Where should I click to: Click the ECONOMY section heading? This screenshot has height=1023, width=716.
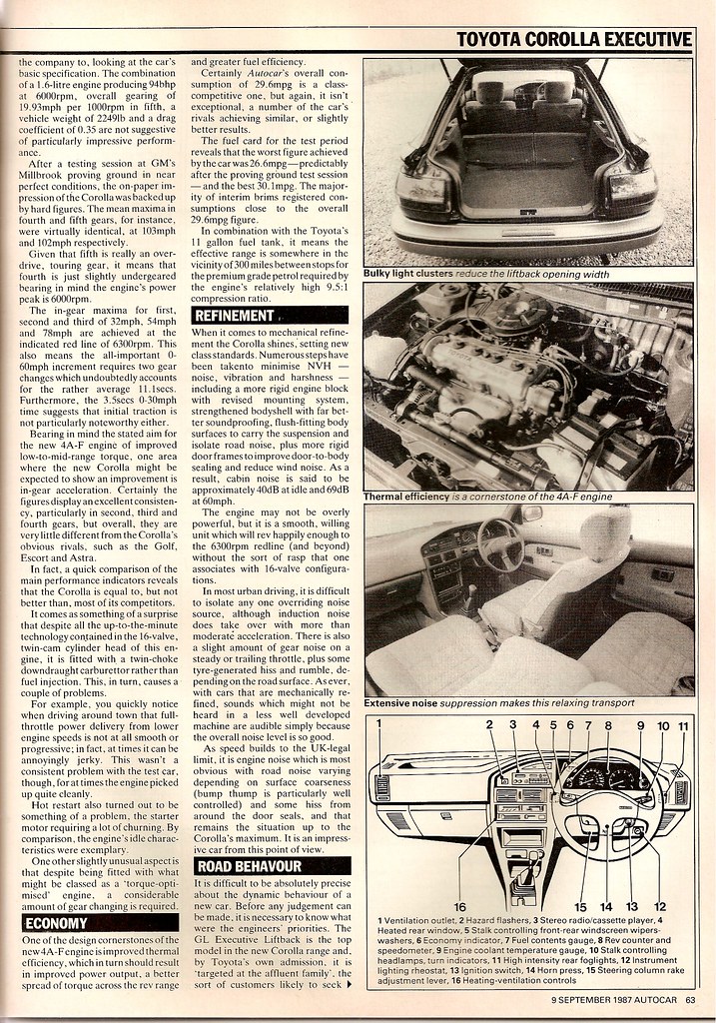coord(56,923)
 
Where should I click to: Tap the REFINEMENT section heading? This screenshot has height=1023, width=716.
coord(236,316)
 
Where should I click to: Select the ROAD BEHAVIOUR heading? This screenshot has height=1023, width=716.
coord(250,866)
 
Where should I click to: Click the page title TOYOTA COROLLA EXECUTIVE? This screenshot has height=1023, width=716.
coord(572,39)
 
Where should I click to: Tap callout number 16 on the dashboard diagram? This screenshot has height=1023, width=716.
coord(459,907)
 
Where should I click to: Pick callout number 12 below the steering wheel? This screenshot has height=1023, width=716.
coord(659,907)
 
